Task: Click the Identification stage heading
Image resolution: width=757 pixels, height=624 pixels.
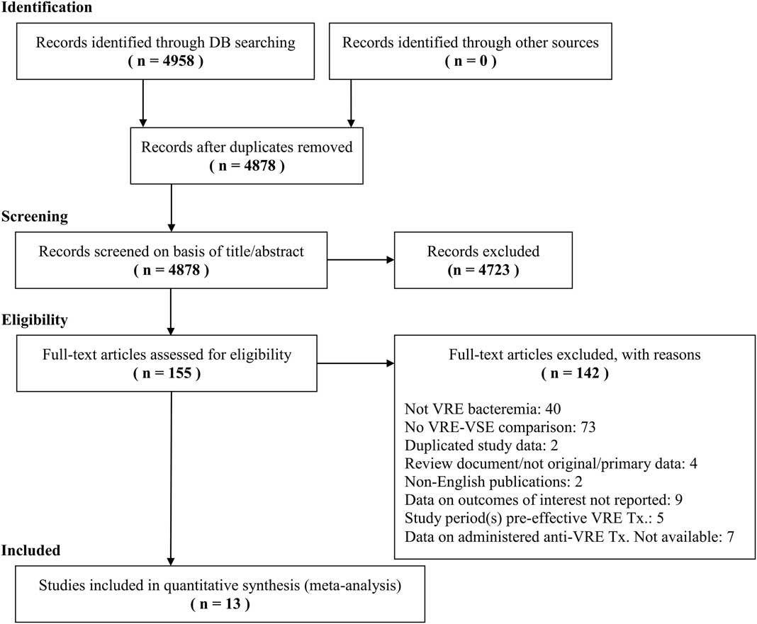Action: pos(47,8)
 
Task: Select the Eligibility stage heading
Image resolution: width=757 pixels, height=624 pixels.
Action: pos(34,320)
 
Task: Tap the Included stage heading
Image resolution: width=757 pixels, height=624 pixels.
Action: pos(30,550)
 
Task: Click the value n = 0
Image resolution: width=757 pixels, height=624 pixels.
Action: pos(470,61)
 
